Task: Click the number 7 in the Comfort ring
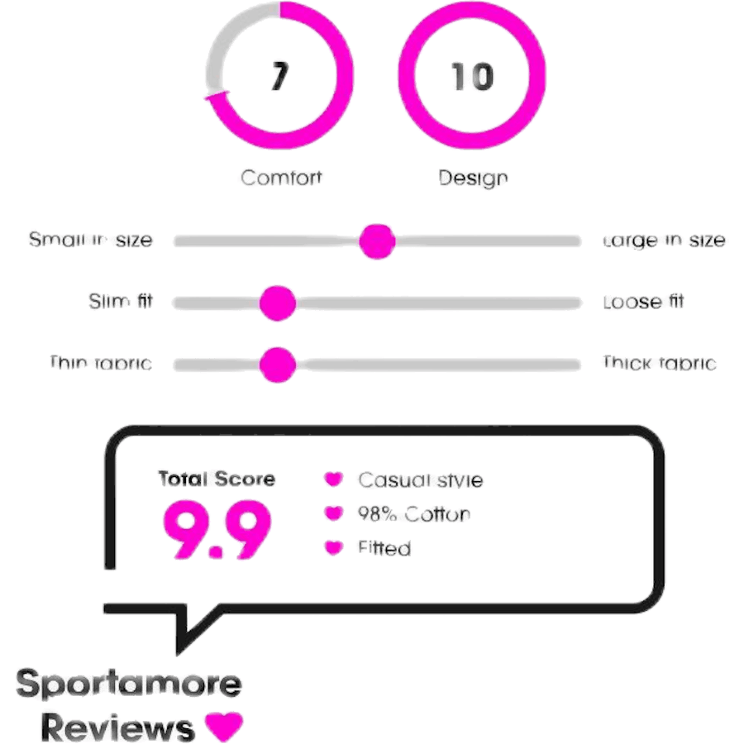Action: [x=279, y=77]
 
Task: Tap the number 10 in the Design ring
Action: [x=473, y=77]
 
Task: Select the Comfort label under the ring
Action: [x=281, y=177]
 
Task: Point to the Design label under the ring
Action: [x=473, y=178]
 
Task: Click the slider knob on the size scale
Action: [x=377, y=241]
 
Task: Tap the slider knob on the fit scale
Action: [x=277, y=303]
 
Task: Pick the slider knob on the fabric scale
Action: [x=277, y=365]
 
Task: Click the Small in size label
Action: [x=90, y=241]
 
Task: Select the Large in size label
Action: [x=665, y=241]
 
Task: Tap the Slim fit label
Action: [x=121, y=302]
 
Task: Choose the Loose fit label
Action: [x=644, y=302]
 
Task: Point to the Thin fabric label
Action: [x=101, y=363]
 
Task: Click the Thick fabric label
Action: [x=659, y=363]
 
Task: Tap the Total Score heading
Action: [x=217, y=479]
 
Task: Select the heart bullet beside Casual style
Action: [x=332, y=479]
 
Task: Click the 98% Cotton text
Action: [x=413, y=514]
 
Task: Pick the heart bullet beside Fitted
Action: [x=332, y=547]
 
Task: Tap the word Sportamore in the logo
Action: [x=130, y=684]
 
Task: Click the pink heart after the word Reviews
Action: [x=224, y=726]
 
